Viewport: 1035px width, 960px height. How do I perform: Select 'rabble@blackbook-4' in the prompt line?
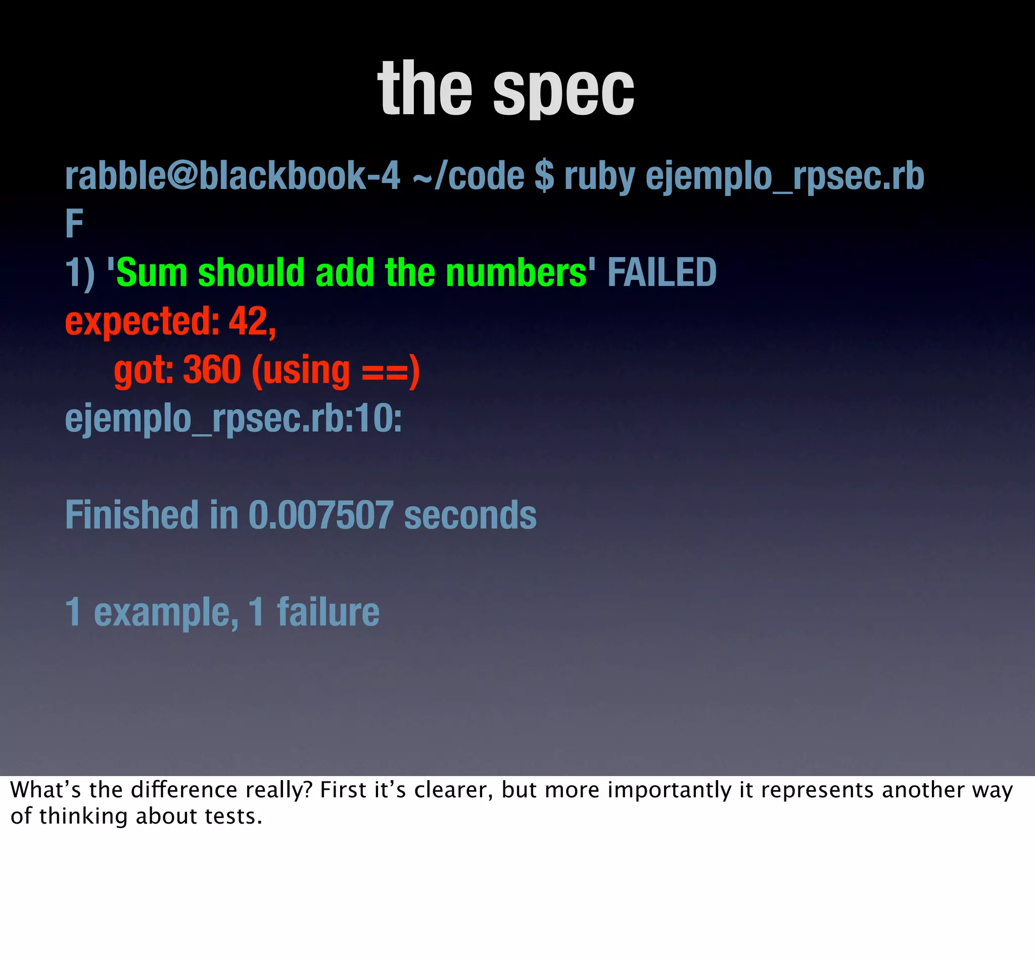[232, 176]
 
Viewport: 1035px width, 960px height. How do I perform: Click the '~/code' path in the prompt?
[468, 176]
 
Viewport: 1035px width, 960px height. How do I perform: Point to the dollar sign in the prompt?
[544, 176]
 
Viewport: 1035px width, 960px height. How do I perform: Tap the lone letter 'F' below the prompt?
[74, 224]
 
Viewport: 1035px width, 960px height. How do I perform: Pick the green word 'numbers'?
[516, 272]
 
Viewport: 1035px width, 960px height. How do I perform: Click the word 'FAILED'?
[662, 272]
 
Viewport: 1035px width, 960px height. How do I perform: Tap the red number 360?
[212, 369]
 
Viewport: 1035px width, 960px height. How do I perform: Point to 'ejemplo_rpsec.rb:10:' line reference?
[233, 419]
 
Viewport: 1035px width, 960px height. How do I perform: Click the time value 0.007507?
[320, 515]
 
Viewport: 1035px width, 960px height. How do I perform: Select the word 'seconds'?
[470, 515]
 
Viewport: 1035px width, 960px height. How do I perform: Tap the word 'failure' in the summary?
[328, 611]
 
